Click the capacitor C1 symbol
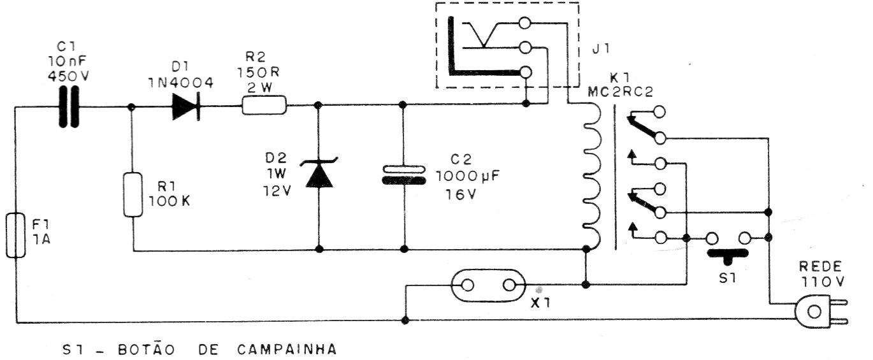pos(71,108)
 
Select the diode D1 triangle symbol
pos(185,107)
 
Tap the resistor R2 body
pos(264,106)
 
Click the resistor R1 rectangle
pos(133,194)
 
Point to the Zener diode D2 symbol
pos(319,174)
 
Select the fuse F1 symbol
pos(15,235)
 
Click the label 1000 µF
pos(465,176)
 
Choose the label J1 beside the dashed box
pos(599,50)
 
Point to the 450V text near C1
pos(70,75)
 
